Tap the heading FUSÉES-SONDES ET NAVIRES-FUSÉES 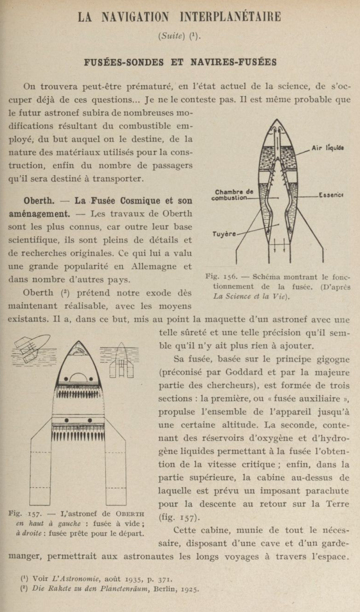(x=180, y=62)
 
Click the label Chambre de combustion (x=234, y=195)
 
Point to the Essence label (x=330, y=195)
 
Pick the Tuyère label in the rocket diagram (x=224, y=234)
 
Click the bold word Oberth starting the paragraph (x=39, y=201)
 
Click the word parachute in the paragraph (x=327, y=491)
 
